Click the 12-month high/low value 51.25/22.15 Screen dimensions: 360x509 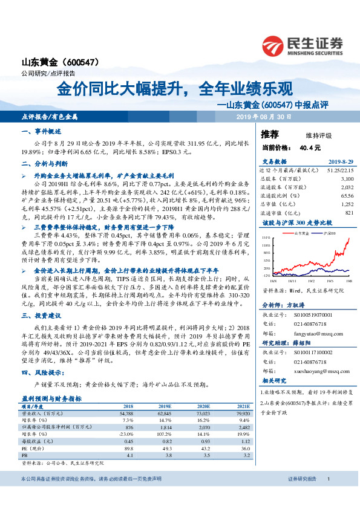pos(336,171)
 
